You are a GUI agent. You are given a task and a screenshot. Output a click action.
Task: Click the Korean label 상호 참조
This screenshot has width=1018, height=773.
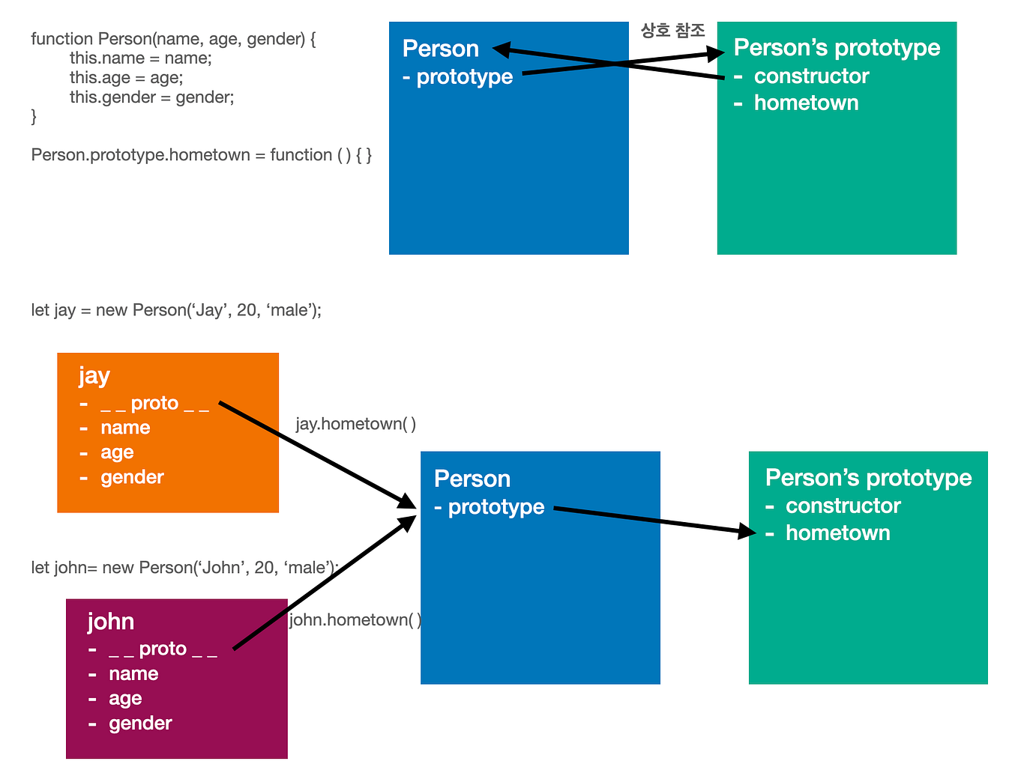[x=672, y=31]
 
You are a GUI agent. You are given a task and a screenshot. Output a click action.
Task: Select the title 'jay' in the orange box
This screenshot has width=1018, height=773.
[x=94, y=376]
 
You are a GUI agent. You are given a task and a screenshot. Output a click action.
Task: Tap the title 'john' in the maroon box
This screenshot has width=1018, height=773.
[x=111, y=622]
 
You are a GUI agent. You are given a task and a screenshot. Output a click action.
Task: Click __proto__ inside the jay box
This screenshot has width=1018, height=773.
[x=154, y=404]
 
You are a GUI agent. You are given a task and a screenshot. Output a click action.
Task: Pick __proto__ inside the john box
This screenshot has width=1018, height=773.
[x=163, y=649]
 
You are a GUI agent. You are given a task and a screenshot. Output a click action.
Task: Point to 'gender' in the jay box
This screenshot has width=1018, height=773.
[x=132, y=478]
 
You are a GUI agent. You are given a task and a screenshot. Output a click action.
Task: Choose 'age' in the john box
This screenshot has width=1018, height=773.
[x=125, y=699]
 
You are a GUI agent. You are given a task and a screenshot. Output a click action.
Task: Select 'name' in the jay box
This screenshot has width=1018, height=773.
[x=125, y=428]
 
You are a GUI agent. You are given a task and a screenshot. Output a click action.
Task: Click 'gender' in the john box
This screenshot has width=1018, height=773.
[x=140, y=724]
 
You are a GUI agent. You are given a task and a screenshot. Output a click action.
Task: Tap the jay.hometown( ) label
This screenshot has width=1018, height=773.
[x=355, y=424]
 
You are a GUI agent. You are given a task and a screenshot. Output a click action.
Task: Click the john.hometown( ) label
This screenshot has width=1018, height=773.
[x=355, y=619]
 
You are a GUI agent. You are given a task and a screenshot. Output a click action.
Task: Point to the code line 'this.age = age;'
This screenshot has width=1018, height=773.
[x=126, y=78]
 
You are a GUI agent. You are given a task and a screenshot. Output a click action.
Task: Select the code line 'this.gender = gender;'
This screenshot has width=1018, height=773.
[x=151, y=97]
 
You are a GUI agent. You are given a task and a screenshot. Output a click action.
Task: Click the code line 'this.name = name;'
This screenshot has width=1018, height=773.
[x=140, y=58]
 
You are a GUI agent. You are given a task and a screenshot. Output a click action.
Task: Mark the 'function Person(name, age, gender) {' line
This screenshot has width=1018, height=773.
[x=173, y=39]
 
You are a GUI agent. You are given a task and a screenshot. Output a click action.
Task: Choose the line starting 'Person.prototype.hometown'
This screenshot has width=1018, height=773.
[x=201, y=155]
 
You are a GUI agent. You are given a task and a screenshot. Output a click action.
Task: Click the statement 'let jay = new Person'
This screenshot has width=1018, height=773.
[x=176, y=310]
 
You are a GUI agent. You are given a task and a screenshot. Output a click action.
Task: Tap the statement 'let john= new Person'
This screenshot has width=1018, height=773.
[x=184, y=568]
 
